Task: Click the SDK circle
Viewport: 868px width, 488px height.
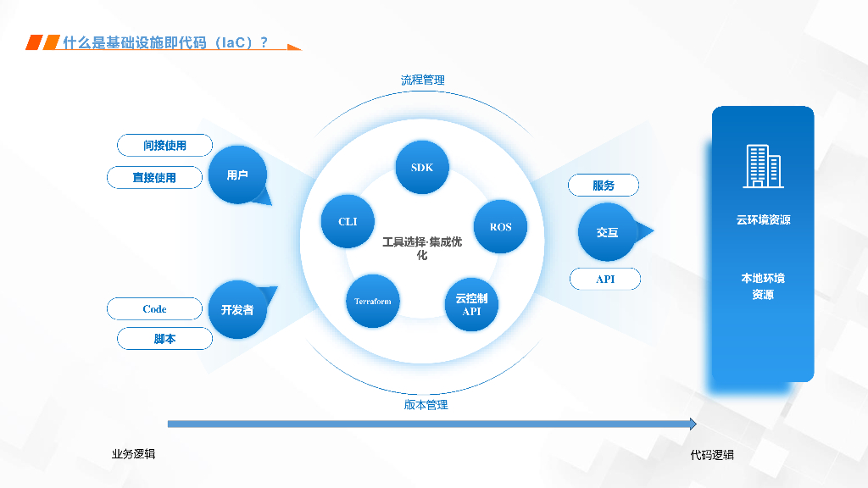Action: [422, 167]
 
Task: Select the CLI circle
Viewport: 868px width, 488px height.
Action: [348, 222]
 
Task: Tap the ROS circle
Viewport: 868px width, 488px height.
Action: [500, 226]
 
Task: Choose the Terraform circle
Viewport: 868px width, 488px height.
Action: [373, 301]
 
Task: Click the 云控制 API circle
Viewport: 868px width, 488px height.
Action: [471, 305]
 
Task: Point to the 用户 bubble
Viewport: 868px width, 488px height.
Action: [237, 175]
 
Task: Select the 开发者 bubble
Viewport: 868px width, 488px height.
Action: [237, 309]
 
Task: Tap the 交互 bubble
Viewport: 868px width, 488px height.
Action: [607, 231]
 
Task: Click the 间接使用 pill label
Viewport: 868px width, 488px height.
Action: [164, 146]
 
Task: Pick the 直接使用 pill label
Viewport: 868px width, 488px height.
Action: [154, 177]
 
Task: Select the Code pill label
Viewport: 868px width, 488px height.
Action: [154, 309]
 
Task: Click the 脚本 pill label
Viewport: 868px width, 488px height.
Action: [164, 339]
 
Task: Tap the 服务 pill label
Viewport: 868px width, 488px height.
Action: [604, 186]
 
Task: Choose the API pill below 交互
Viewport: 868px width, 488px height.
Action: [605, 279]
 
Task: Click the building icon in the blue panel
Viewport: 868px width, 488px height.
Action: [763, 166]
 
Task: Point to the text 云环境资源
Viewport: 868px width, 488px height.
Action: [763, 220]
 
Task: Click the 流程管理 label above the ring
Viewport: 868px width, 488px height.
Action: [423, 80]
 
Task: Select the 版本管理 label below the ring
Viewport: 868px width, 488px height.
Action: [426, 405]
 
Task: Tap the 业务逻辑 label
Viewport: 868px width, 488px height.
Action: [133, 454]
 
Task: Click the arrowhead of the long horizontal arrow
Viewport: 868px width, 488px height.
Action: [693, 424]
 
